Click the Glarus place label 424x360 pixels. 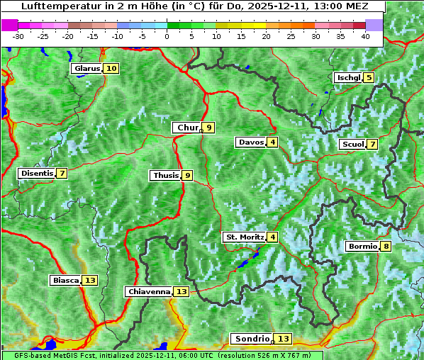pyautogui.click(x=87, y=69)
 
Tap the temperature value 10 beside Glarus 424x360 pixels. pyautogui.click(x=111, y=69)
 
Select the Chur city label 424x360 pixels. pyautogui.click(x=186, y=128)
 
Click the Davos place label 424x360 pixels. pyautogui.click(x=250, y=142)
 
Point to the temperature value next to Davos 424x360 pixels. pyautogui.click(x=273, y=142)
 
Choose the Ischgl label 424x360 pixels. pyautogui.click(x=347, y=78)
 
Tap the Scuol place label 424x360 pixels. pyautogui.click(x=352, y=145)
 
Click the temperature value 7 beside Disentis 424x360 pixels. pyautogui.click(x=62, y=174)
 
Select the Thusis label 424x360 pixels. pyautogui.click(x=164, y=175)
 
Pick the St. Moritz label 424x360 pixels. pyautogui.click(x=244, y=237)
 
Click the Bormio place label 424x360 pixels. pyautogui.click(x=362, y=247)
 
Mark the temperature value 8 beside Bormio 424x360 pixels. pyautogui.click(x=386, y=247)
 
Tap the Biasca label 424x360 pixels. pyautogui.click(x=65, y=281)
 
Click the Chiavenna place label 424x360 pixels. pyautogui.click(x=148, y=291)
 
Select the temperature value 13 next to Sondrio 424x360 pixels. pyautogui.click(x=284, y=339)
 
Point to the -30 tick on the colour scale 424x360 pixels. pyautogui.click(x=18, y=36)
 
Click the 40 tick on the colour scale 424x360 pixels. pyautogui.click(x=365, y=36)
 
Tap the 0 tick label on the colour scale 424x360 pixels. pyautogui.click(x=167, y=36)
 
